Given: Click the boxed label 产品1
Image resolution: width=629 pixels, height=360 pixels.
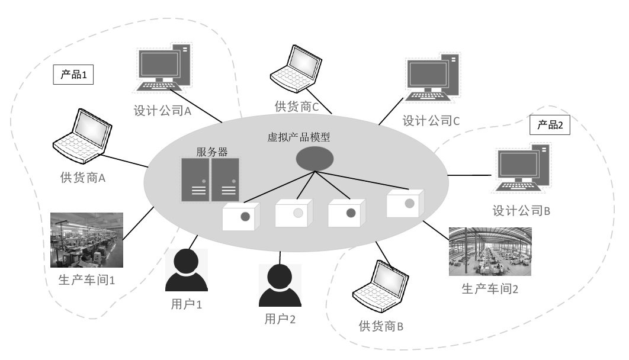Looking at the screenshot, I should pyautogui.click(x=74, y=75).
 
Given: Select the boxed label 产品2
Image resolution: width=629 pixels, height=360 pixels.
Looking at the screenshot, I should pyautogui.click(x=549, y=126).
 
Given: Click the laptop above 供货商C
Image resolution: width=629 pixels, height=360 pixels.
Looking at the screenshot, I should pyautogui.click(x=297, y=69).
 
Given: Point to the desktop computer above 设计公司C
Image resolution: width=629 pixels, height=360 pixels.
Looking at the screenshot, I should pyautogui.click(x=432, y=79).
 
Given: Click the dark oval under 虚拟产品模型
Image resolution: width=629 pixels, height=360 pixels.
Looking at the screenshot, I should pyautogui.click(x=314, y=160).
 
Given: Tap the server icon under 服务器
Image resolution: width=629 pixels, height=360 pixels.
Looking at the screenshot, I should pyautogui.click(x=210, y=179).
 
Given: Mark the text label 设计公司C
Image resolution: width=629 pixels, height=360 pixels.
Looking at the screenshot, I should pyautogui.click(x=431, y=121).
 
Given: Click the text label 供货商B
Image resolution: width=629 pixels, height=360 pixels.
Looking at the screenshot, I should pyautogui.click(x=381, y=326).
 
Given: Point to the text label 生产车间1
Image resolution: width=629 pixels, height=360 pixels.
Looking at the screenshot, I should pyautogui.click(x=87, y=278).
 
